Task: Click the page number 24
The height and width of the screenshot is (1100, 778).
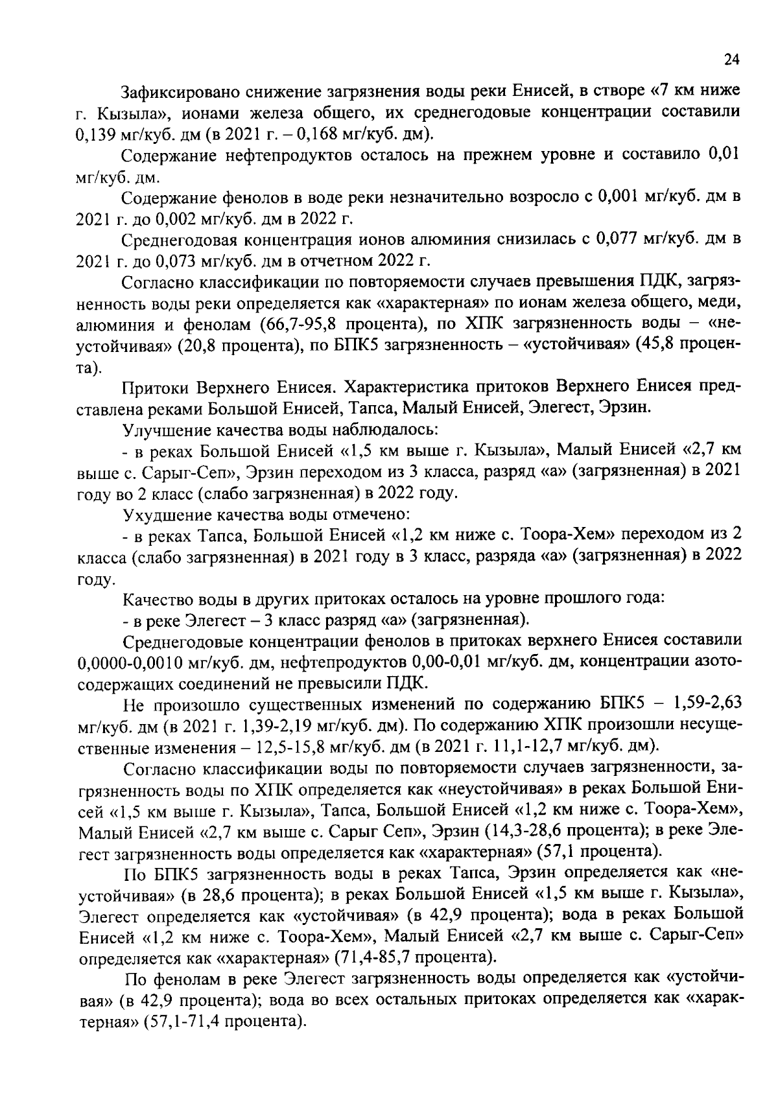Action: pyautogui.click(x=731, y=60)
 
